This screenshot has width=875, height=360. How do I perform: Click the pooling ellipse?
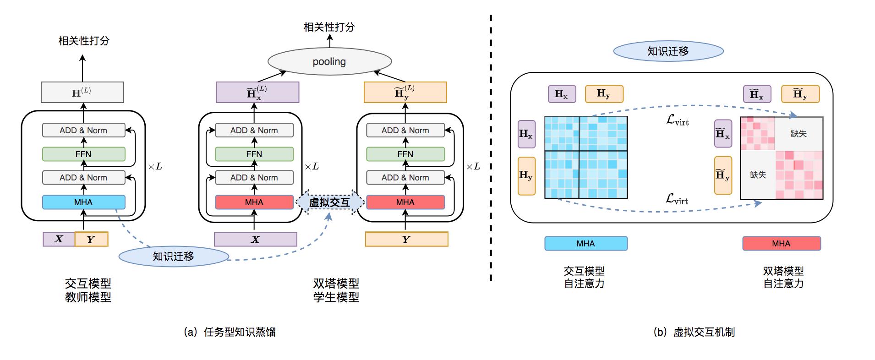tap(329, 61)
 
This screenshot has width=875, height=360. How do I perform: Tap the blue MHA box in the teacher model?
tap(83, 202)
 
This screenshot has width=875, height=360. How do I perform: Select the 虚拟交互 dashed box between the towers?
tap(329, 202)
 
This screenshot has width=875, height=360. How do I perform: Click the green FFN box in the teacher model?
tap(83, 154)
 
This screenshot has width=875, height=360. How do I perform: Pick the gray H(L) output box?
tap(82, 92)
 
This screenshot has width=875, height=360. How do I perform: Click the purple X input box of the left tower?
tap(255, 239)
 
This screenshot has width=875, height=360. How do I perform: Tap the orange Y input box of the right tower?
tap(406, 239)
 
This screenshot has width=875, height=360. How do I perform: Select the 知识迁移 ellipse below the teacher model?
tap(174, 256)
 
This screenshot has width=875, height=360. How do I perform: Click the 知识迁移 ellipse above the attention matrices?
tap(668, 51)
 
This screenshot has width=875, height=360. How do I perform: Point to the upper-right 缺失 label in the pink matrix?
tap(798, 133)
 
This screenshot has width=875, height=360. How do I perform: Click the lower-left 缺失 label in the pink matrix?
tap(758, 175)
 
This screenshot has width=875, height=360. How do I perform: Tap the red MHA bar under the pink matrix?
tap(781, 243)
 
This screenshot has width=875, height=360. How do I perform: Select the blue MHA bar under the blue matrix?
tap(585, 243)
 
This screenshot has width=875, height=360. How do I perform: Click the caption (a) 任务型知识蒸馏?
tap(230, 332)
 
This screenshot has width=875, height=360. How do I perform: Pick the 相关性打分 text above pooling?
tap(329, 27)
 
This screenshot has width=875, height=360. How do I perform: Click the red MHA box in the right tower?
tap(405, 202)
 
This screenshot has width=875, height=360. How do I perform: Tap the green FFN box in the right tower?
tap(405, 154)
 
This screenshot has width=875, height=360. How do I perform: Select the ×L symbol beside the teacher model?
tap(155, 166)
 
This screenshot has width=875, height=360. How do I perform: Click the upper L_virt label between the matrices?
tap(677, 120)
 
